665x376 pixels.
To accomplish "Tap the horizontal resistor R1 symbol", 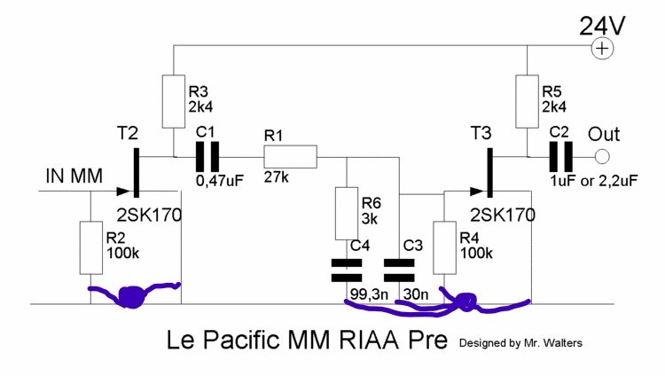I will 289,158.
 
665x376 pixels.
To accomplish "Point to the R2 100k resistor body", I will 91,247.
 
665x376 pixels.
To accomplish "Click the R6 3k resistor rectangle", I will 345,213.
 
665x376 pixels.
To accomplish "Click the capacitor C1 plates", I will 206,158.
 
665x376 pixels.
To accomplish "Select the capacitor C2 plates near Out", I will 559,158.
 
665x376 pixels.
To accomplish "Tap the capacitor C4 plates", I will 345,269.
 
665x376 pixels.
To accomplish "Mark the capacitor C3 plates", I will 399,269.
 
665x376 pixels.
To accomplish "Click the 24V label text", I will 603,25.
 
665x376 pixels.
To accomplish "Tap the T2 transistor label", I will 129,133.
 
